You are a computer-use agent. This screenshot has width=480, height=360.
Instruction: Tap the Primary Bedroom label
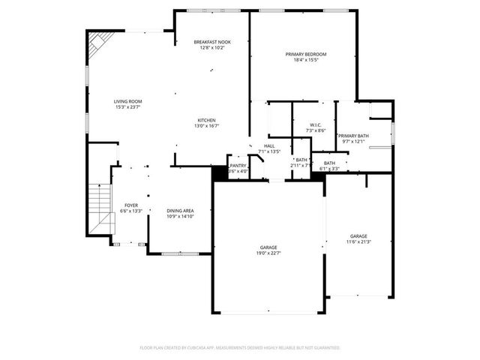306,54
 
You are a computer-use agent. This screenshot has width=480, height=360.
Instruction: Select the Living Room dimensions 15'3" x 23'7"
128,107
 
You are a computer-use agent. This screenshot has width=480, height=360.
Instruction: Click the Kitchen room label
207,121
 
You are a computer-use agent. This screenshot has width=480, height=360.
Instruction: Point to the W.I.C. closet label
316,124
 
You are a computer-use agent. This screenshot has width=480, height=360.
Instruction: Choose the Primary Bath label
352,136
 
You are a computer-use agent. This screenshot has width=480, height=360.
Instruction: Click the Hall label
268,146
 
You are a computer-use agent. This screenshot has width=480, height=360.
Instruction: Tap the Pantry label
238,166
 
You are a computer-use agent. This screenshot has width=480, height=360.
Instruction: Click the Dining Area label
181,211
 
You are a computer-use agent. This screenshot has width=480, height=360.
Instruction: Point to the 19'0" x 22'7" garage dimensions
268,253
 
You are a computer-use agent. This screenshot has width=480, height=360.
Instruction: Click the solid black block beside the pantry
219,172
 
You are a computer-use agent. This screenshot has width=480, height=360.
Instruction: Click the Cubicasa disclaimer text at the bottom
240,348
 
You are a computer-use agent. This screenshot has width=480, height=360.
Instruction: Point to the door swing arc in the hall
254,160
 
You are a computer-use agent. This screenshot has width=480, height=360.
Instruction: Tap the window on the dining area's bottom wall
180,253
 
